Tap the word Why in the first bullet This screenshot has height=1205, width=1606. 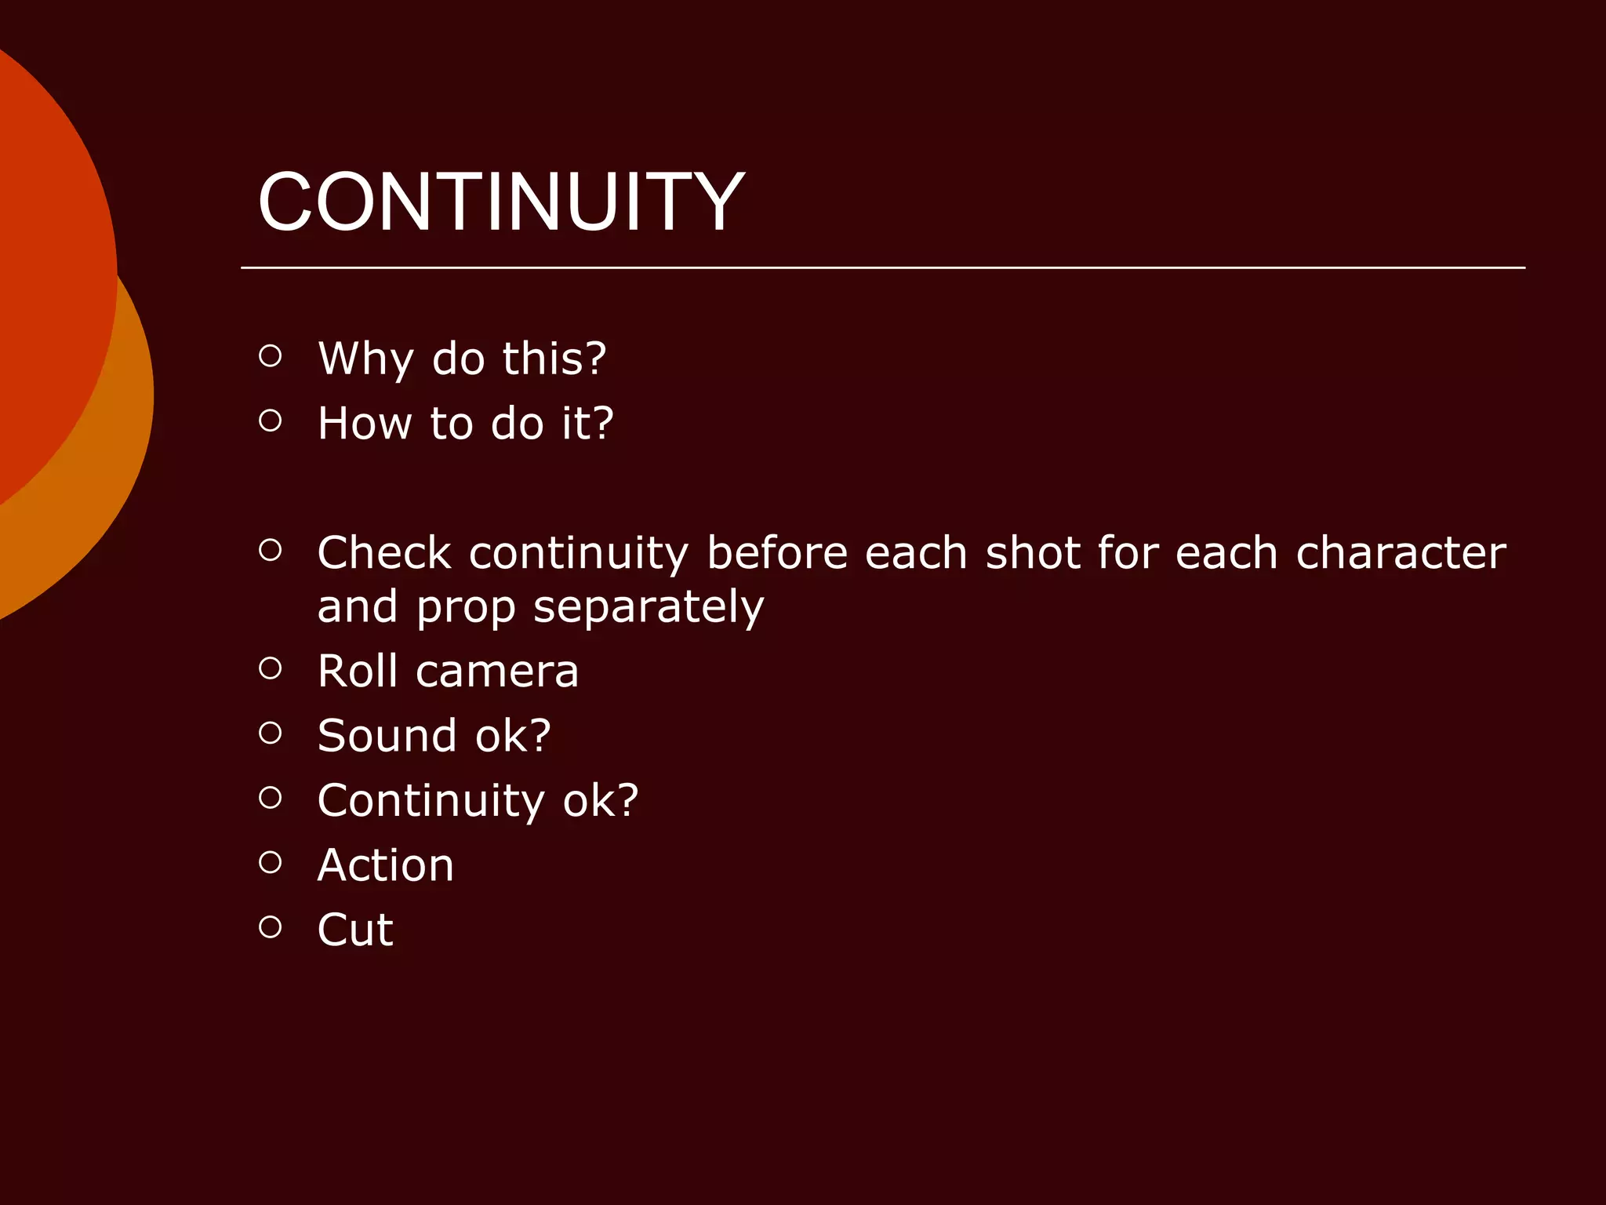(365, 359)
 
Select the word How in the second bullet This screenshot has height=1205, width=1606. (365, 424)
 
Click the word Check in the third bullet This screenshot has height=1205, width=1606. (384, 553)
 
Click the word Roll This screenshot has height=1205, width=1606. (358, 672)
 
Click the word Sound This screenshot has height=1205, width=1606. (387, 736)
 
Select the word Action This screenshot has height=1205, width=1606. (386, 865)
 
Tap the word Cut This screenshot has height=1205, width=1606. (355, 930)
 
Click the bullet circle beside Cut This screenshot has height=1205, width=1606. (270, 927)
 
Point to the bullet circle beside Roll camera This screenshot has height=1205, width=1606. (270, 668)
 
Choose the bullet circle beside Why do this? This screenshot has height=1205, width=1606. (270, 356)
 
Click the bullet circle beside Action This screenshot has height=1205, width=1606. (270, 862)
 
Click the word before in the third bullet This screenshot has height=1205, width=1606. (777, 553)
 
